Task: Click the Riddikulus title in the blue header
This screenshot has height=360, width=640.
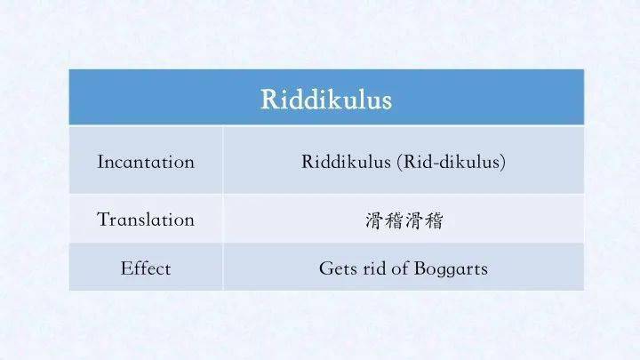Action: click(326, 100)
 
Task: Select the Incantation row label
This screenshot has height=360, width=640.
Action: click(146, 162)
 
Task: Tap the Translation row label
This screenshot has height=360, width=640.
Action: click(146, 220)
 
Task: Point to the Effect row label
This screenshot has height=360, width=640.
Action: click(146, 268)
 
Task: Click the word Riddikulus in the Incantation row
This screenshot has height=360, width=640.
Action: click(346, 162)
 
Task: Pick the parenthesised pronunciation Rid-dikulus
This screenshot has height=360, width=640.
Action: click(452, 162)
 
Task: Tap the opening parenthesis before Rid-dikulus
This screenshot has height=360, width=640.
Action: click(400, 162)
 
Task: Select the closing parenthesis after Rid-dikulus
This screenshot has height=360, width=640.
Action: click(503, 162)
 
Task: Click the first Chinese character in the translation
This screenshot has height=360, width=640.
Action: click(375, 220)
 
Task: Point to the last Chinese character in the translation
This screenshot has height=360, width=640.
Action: click(434, 220)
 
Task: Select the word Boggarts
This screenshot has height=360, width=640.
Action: click(451, 269)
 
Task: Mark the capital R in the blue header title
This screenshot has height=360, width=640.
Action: click(269, 100)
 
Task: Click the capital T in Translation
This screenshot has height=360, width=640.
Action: click(103, 220)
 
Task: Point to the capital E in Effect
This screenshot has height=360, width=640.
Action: click(126, 268)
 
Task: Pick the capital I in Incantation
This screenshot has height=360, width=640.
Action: click(100, 162)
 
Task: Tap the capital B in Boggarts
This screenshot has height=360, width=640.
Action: click(420, 268)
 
